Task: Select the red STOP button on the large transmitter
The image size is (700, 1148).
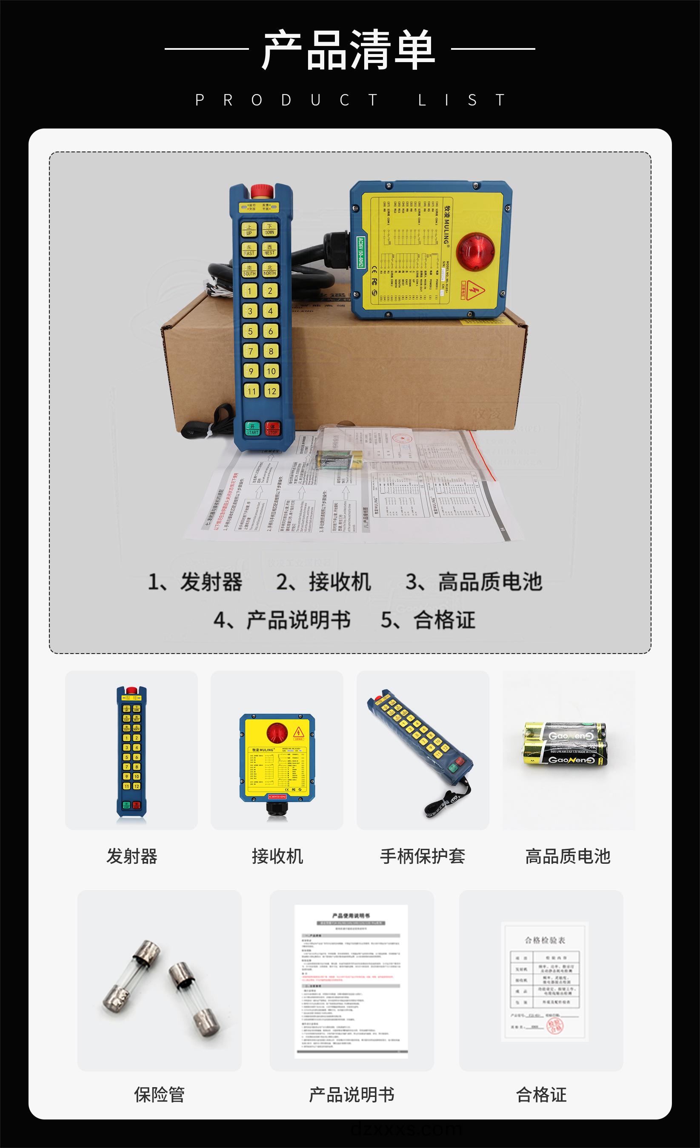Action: (x=272, y=428)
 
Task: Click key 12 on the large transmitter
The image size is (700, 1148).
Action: (x=272, y=391)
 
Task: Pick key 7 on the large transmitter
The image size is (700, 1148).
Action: (x=250, y=351)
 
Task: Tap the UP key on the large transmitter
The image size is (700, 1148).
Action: (x=249, y=230)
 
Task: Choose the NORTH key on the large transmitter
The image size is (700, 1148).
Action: (x=270, y=270)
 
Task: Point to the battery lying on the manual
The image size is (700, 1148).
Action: (x=339, y=460)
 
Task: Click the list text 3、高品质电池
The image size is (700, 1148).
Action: (x=474, y=582)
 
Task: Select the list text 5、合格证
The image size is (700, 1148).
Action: (x=428, y=620)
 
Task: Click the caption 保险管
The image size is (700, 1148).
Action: (x=160, y=1094)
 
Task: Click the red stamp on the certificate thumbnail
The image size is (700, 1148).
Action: (x=554, y=1025)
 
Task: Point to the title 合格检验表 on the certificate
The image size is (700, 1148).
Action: (x=545, y=940)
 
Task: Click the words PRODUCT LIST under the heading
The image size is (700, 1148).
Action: (x=349, y=100)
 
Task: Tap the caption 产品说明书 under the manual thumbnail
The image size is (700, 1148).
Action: (x=352, y=1094)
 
